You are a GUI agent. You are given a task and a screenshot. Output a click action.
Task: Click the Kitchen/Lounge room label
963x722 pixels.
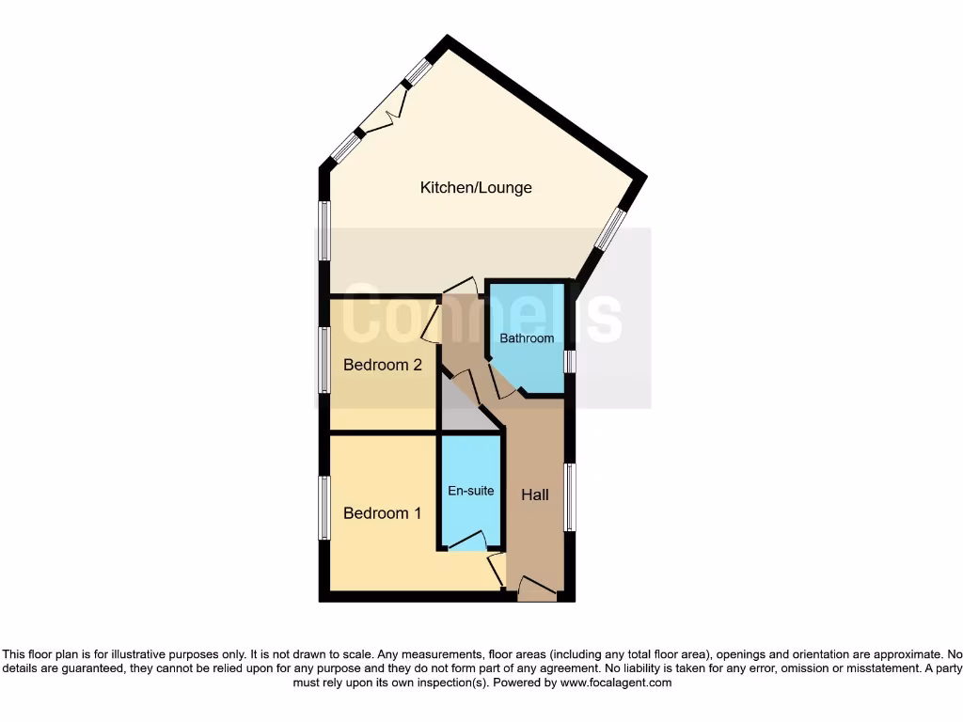point(476,188)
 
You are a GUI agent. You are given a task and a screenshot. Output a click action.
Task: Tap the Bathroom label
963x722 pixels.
point(527,338)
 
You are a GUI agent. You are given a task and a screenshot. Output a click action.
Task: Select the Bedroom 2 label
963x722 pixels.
point(382,365)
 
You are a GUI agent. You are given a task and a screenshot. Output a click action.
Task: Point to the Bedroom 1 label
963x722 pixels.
point(382,513)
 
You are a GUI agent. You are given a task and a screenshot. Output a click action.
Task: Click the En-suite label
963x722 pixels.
point(470,491)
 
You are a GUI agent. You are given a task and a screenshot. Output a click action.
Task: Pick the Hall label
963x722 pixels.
point(535,494)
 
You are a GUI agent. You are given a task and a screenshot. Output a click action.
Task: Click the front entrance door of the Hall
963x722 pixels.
point(537,589)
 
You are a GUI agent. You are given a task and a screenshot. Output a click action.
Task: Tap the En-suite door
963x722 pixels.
point(467,541)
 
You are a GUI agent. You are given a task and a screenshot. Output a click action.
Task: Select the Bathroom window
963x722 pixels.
point(569,362)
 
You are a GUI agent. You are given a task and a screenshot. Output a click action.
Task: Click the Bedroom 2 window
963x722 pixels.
point(324,359)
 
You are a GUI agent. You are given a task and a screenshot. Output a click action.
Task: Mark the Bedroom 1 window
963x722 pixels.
point(324,508)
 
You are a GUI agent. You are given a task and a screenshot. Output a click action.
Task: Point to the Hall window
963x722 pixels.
point(569,496)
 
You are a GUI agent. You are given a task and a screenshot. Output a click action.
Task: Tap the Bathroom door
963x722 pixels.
point(501,381)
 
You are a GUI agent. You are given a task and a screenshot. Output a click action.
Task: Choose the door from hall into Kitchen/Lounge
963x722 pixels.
point(461,287)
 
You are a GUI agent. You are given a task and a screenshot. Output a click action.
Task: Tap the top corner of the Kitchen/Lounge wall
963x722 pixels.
point(448,40)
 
